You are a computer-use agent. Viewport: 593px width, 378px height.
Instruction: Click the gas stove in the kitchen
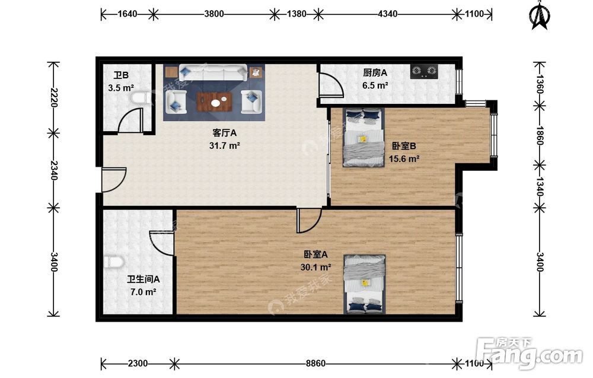[x=424, y=72]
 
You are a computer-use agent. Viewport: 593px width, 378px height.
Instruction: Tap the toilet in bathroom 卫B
[x=139, y=99]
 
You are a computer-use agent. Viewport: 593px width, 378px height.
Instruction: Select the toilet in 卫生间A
[x=114, y=262]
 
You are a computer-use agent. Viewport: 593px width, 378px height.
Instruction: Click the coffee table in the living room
[x=214, y=102]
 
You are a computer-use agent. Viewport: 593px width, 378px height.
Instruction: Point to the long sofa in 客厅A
[x=213, y=72]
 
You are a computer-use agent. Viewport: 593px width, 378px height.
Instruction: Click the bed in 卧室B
[x=364, y=138]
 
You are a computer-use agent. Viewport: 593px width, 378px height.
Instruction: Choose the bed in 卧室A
[x=365, y=284]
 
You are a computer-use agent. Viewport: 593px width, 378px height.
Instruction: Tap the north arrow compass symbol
[x=540, y=16]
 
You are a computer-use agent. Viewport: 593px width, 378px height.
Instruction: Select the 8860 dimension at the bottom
[x=315, y=364]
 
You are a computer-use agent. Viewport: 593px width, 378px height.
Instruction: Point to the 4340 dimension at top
[x=388, y=14]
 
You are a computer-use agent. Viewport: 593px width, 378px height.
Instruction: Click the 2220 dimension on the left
[x=53, y=98]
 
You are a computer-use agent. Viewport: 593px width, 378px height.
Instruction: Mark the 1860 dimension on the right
[x=540, y=135]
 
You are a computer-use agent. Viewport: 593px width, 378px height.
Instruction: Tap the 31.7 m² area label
[x=225, y=145]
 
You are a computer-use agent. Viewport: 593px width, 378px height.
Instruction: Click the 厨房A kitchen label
[x=375, y=72]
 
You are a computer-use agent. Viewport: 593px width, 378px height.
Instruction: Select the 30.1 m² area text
[x=316, y=268]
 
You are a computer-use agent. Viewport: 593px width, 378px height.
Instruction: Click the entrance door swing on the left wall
[x=113, y=180]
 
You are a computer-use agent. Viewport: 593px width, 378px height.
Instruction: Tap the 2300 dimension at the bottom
[x=138, y=364]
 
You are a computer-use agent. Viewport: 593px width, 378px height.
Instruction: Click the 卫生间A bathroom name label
[x=144, y=279]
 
